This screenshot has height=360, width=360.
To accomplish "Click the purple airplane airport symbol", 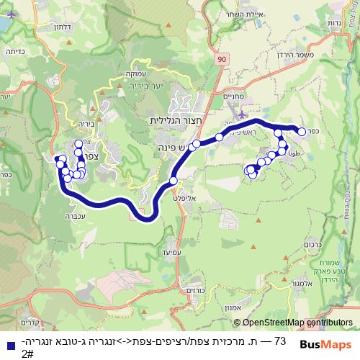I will click(240, 113).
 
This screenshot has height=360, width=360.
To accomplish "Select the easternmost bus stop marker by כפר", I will click(302, 131).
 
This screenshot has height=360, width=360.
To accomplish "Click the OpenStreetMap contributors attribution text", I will click(288, 323).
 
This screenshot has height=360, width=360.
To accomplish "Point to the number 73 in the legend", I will click(281, 340).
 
